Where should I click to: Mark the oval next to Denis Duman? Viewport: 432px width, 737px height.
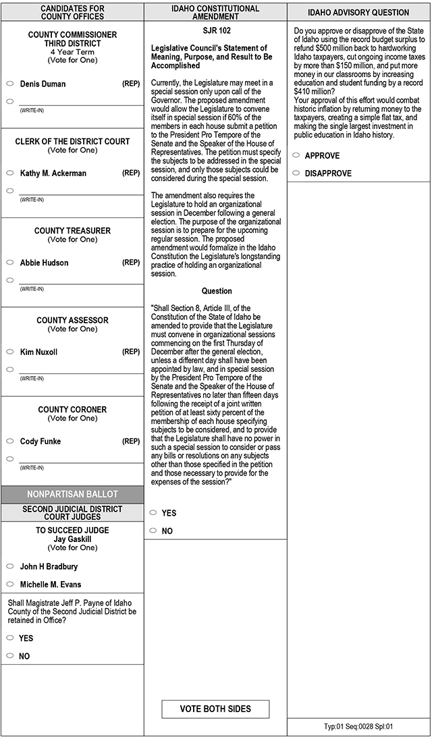(x=10, y=84)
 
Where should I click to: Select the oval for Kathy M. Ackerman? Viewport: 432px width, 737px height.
(x=10, y=173)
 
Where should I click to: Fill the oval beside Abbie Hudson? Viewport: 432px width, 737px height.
(x=10, y=263)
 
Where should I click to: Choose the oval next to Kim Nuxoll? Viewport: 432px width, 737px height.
(x=10, y=352)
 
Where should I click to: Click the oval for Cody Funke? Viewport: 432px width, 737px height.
(x=10, y=441)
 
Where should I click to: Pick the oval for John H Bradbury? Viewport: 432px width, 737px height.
(x=10, y=566)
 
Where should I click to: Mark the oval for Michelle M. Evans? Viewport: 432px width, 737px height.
(x=10, y=584)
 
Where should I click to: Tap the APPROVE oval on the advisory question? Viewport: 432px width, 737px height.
(x=296, y=155)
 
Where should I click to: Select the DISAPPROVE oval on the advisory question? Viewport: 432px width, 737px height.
(x=296, y=173)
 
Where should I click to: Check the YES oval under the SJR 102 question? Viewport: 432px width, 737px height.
(x=153, y=513)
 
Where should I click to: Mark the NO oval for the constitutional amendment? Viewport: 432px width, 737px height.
(x=153, y=530)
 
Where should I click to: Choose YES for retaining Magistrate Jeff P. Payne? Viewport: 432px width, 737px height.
(x=10, y=638)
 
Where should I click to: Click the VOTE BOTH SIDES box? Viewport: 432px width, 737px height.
(x=215, y=709)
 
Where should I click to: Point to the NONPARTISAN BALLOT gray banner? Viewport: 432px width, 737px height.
(x=72, y=494)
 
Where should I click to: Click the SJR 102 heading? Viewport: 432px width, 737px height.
(x=215, y=30)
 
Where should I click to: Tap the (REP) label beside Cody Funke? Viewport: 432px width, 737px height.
(x=131, y=441)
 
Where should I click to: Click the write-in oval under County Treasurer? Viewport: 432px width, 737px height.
(x=10, y=280)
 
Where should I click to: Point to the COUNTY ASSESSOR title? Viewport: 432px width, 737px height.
(x=72, y=320)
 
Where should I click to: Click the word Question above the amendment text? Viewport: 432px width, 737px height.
(x=216, y=291)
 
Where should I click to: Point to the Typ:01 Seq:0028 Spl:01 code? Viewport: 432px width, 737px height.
(x=358, y=726)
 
